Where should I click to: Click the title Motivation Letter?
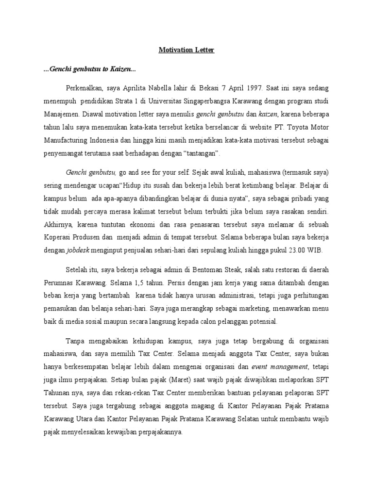(x=186, y=50)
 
